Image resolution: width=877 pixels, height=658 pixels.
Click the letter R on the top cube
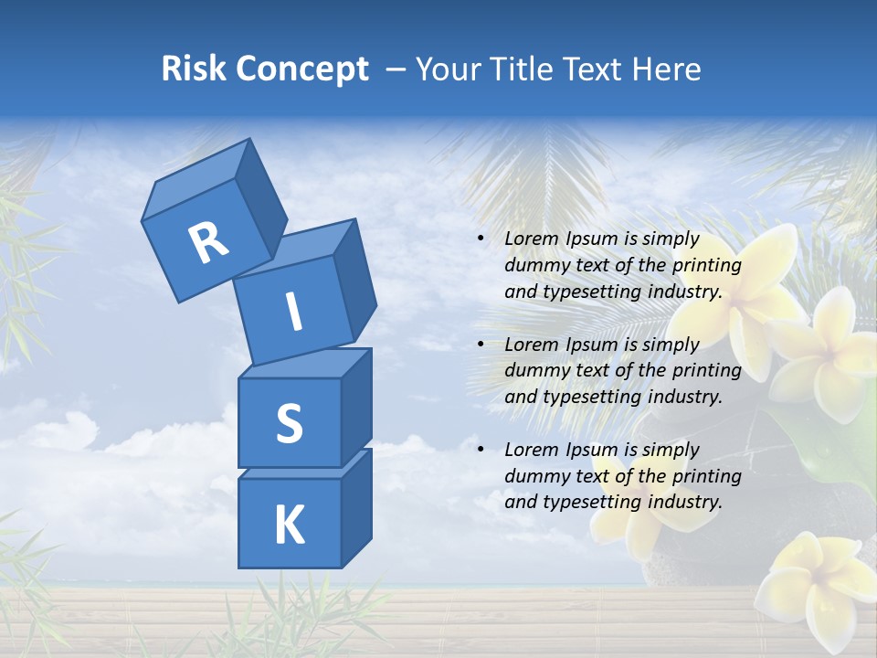209,243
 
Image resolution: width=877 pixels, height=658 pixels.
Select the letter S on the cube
289,423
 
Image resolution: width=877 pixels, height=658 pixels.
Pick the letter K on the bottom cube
289,525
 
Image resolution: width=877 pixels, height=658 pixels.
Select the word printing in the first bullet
706,265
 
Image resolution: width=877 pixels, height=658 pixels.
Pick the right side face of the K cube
356,507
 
